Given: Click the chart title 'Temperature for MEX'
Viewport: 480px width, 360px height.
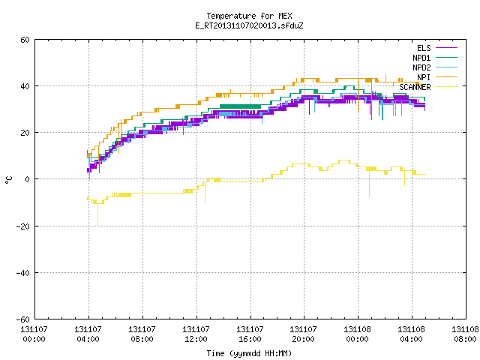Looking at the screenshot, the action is point(249,16).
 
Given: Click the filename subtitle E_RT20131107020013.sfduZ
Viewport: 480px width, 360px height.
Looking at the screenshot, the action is point(249,25).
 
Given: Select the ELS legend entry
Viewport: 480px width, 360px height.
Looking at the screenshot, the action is point(437,48).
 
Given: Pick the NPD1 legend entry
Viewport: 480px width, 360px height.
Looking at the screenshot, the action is point(435,58).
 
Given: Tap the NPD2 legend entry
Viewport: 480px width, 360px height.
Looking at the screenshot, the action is point(435,67).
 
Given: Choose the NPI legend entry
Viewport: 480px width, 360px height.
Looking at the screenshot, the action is point(437,77).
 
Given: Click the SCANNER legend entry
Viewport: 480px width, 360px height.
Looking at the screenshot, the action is point(428,87).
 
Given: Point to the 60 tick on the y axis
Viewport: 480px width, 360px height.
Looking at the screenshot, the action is point(25,40).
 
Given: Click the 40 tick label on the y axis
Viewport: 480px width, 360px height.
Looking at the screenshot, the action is point(25,86).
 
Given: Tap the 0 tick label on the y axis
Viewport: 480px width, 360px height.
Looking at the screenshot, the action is point(27,179).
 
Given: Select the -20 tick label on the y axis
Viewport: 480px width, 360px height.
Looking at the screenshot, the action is point(22,226).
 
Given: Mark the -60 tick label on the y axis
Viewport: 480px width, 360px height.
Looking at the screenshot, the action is point(22,319).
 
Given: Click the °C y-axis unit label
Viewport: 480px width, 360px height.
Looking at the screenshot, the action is point(8,180).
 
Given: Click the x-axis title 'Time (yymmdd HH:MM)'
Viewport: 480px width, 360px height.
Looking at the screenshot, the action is point(249,353).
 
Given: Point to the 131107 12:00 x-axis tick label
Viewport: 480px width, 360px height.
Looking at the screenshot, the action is point(196,334).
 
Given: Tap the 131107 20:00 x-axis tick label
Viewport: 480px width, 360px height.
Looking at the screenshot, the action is point(304,334).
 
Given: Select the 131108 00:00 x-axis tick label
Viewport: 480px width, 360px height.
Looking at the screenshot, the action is point(358,334).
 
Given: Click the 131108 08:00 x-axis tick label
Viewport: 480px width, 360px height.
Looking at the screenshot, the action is point(465,334).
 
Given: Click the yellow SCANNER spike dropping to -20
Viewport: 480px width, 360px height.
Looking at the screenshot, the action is point(98,215).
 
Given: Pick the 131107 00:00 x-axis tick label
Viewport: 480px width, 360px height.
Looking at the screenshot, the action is point(34,334).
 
